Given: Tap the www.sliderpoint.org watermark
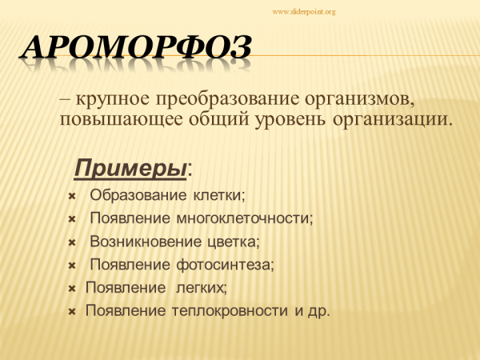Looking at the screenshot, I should (304, 12).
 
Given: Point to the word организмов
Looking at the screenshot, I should (363, 102).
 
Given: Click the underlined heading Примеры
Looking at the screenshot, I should (130, 168).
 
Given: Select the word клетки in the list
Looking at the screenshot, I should (221, 195).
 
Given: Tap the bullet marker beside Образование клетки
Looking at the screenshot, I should (72, 196).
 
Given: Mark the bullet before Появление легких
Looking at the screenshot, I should (72, 288).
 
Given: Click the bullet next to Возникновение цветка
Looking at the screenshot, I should (72, 242).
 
